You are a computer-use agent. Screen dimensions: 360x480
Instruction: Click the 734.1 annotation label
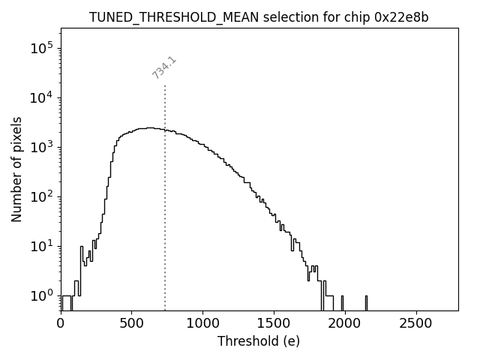click(x=164, y=67)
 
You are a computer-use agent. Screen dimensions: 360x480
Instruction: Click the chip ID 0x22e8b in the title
click(x=401, y=17)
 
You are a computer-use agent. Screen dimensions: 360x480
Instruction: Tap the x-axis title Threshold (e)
click(x=259, y=341)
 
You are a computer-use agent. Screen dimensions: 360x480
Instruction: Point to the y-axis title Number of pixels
click(x=16, y=169)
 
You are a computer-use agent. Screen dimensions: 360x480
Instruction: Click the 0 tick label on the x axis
click(x=61, y=323)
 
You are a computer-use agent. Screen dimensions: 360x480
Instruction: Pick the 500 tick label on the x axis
click(x=131, y=323)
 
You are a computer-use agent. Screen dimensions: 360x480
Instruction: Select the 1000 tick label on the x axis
click(x=202, y=323)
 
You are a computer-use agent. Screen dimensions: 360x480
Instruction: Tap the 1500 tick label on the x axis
click(x=273, y=323)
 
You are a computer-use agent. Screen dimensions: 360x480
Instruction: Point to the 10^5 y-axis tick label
click(x=42, y=48)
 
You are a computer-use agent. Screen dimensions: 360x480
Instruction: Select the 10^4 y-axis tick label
click(x=42, y=97)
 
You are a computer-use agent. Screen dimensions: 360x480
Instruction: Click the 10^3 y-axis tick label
click(x=42, y=147)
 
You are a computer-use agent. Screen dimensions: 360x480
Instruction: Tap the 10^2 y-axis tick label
click(x=42, y=196)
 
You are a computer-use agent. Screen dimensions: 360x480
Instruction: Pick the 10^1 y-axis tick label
click(x=42, y=246)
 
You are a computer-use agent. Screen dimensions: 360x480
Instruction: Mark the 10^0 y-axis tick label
click(x=42, y=295)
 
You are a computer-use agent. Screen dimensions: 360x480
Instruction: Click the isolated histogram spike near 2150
click(x=366, y=302)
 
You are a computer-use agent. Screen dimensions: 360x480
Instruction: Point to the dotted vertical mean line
click(x=165, y=225)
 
